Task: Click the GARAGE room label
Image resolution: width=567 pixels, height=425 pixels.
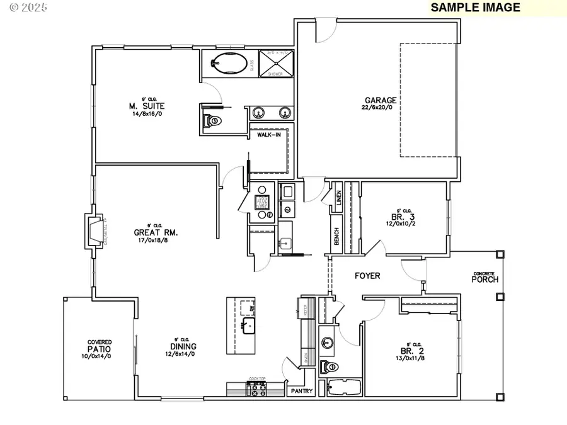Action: [381, 100]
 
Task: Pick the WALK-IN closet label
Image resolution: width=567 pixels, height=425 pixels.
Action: [268, 134]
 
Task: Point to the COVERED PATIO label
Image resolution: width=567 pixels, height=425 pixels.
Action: [99, 346]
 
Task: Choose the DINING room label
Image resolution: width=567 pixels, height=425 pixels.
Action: [183, 346]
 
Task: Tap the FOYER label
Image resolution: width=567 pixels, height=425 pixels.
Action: [367, 276]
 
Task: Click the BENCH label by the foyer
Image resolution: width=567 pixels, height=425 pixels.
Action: [337, 237]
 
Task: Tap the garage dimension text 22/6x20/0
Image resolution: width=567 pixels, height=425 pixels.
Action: [381, 108]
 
